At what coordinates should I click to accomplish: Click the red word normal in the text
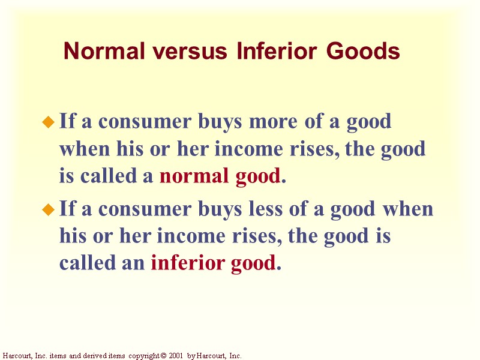pos(188,177)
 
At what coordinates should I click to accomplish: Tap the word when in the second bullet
pos(407,209)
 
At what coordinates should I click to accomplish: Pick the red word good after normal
pos(258,177)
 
